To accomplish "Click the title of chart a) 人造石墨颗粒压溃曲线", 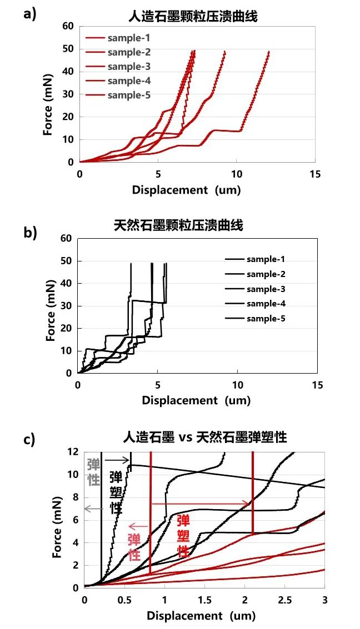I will point(197,17).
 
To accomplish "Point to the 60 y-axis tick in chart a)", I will point(68,26).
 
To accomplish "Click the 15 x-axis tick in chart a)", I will point(314,174).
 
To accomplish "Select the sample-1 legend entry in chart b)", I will point(266,259).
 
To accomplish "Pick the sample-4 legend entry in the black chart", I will point(266,304).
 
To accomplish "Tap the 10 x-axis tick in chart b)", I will point(238,385).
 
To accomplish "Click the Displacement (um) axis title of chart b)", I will point(196,400).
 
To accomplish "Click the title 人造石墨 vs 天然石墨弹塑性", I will point(205,437).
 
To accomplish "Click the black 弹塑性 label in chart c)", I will point(116,492).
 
